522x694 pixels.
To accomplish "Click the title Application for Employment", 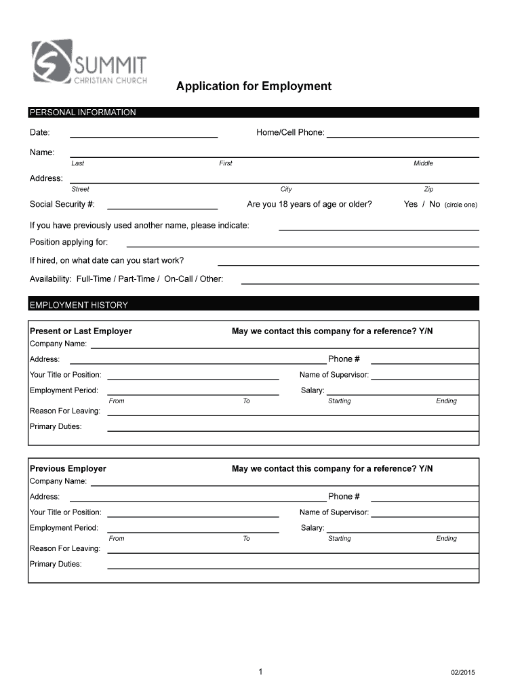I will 254,87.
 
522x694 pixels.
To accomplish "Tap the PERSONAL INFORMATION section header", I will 83,113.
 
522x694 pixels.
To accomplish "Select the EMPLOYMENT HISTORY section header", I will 79,305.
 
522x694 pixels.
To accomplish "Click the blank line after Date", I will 144,136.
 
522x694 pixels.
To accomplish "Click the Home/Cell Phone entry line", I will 403,136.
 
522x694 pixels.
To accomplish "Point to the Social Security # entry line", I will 162,208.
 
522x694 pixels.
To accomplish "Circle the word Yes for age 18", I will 410,205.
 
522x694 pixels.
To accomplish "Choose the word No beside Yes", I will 435,205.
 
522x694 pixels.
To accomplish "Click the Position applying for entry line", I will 302,245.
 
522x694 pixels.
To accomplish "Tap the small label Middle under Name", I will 423,163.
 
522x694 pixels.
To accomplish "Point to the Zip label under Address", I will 428,190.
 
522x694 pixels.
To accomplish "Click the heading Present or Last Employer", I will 81,331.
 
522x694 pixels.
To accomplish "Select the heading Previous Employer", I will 68,469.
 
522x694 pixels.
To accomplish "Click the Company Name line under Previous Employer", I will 285,486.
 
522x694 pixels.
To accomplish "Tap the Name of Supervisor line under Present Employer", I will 424,379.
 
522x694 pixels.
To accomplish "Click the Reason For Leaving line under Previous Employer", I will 293,552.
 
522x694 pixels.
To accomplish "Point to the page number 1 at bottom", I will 260,672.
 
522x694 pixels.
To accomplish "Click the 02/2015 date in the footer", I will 463,672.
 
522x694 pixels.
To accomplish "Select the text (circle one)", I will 461,205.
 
